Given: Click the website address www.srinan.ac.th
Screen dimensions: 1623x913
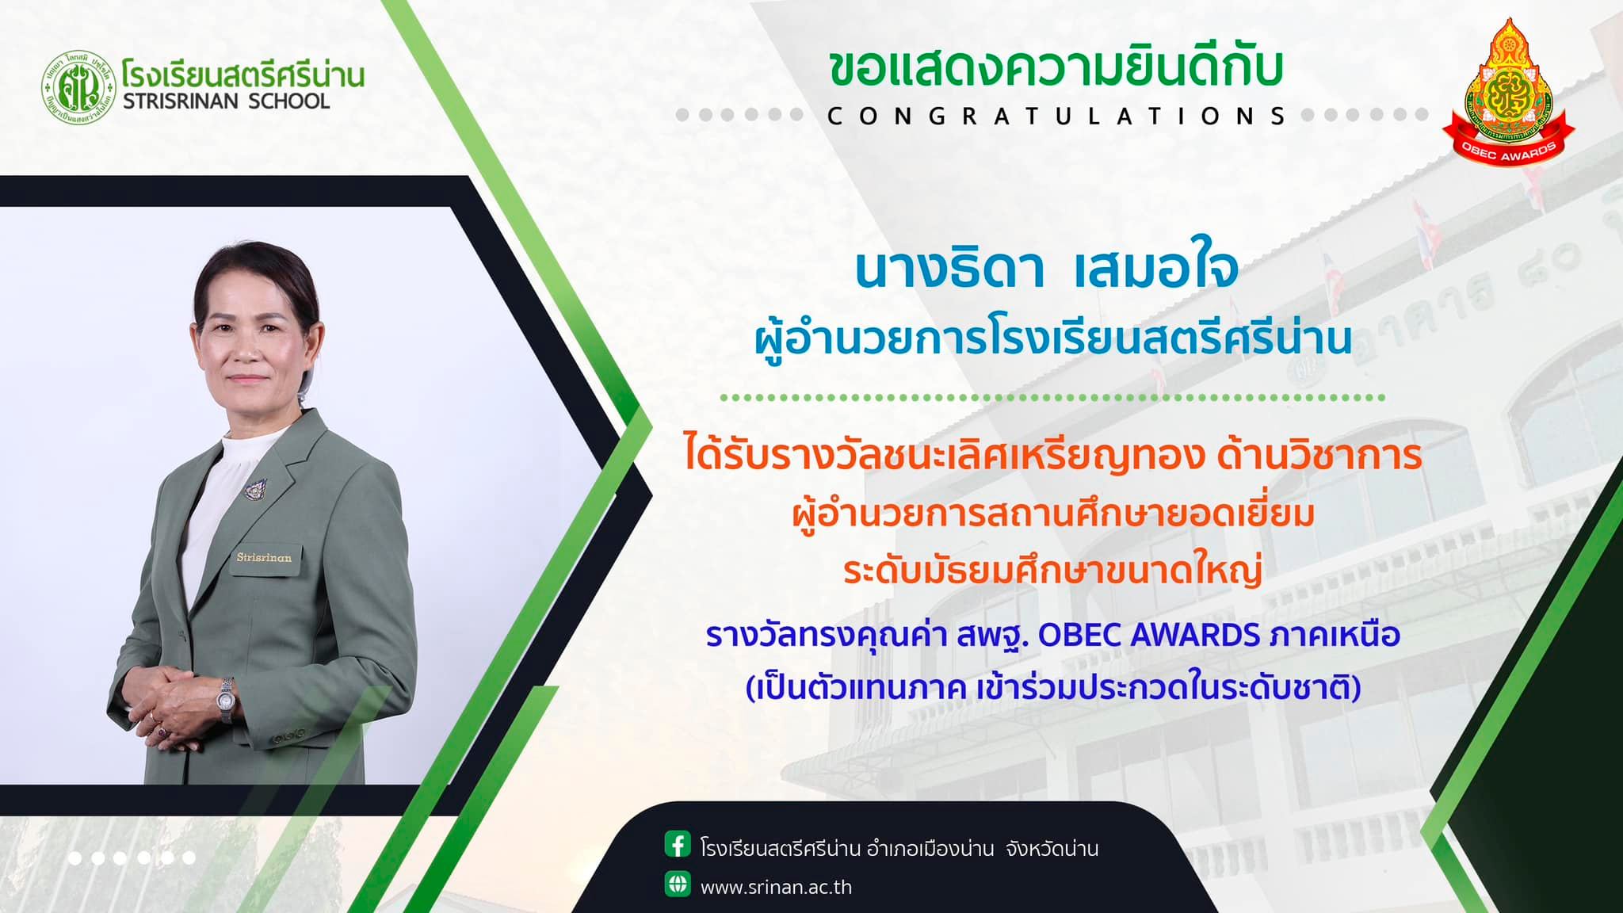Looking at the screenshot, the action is [x=776, y=887].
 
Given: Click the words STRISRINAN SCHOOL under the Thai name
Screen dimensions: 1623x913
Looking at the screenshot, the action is [x=226, y=101].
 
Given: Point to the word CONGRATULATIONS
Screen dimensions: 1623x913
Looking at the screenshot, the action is [x=1056, y=116].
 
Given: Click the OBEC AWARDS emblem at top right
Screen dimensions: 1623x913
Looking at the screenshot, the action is [x=1508, y=92].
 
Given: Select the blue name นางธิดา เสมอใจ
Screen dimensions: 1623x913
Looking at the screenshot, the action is [x=1046, y=269].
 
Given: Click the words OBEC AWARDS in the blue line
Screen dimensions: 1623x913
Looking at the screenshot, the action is [x=1149, y=635].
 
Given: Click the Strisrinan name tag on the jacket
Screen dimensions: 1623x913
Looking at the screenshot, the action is [x=264, y=558].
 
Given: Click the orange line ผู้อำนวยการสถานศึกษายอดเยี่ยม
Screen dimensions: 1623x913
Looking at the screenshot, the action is [x=1053, y=514].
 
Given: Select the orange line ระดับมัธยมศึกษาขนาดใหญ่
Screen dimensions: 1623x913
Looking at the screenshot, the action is [x=1052, y=571].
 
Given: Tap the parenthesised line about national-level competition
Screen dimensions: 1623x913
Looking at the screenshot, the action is [x=1053, y=687].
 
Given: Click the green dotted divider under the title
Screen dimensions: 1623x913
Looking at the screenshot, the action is [x=1053, y=397].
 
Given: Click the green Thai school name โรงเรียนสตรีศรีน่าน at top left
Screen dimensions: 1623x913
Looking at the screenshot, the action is [x=243, y=74].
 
